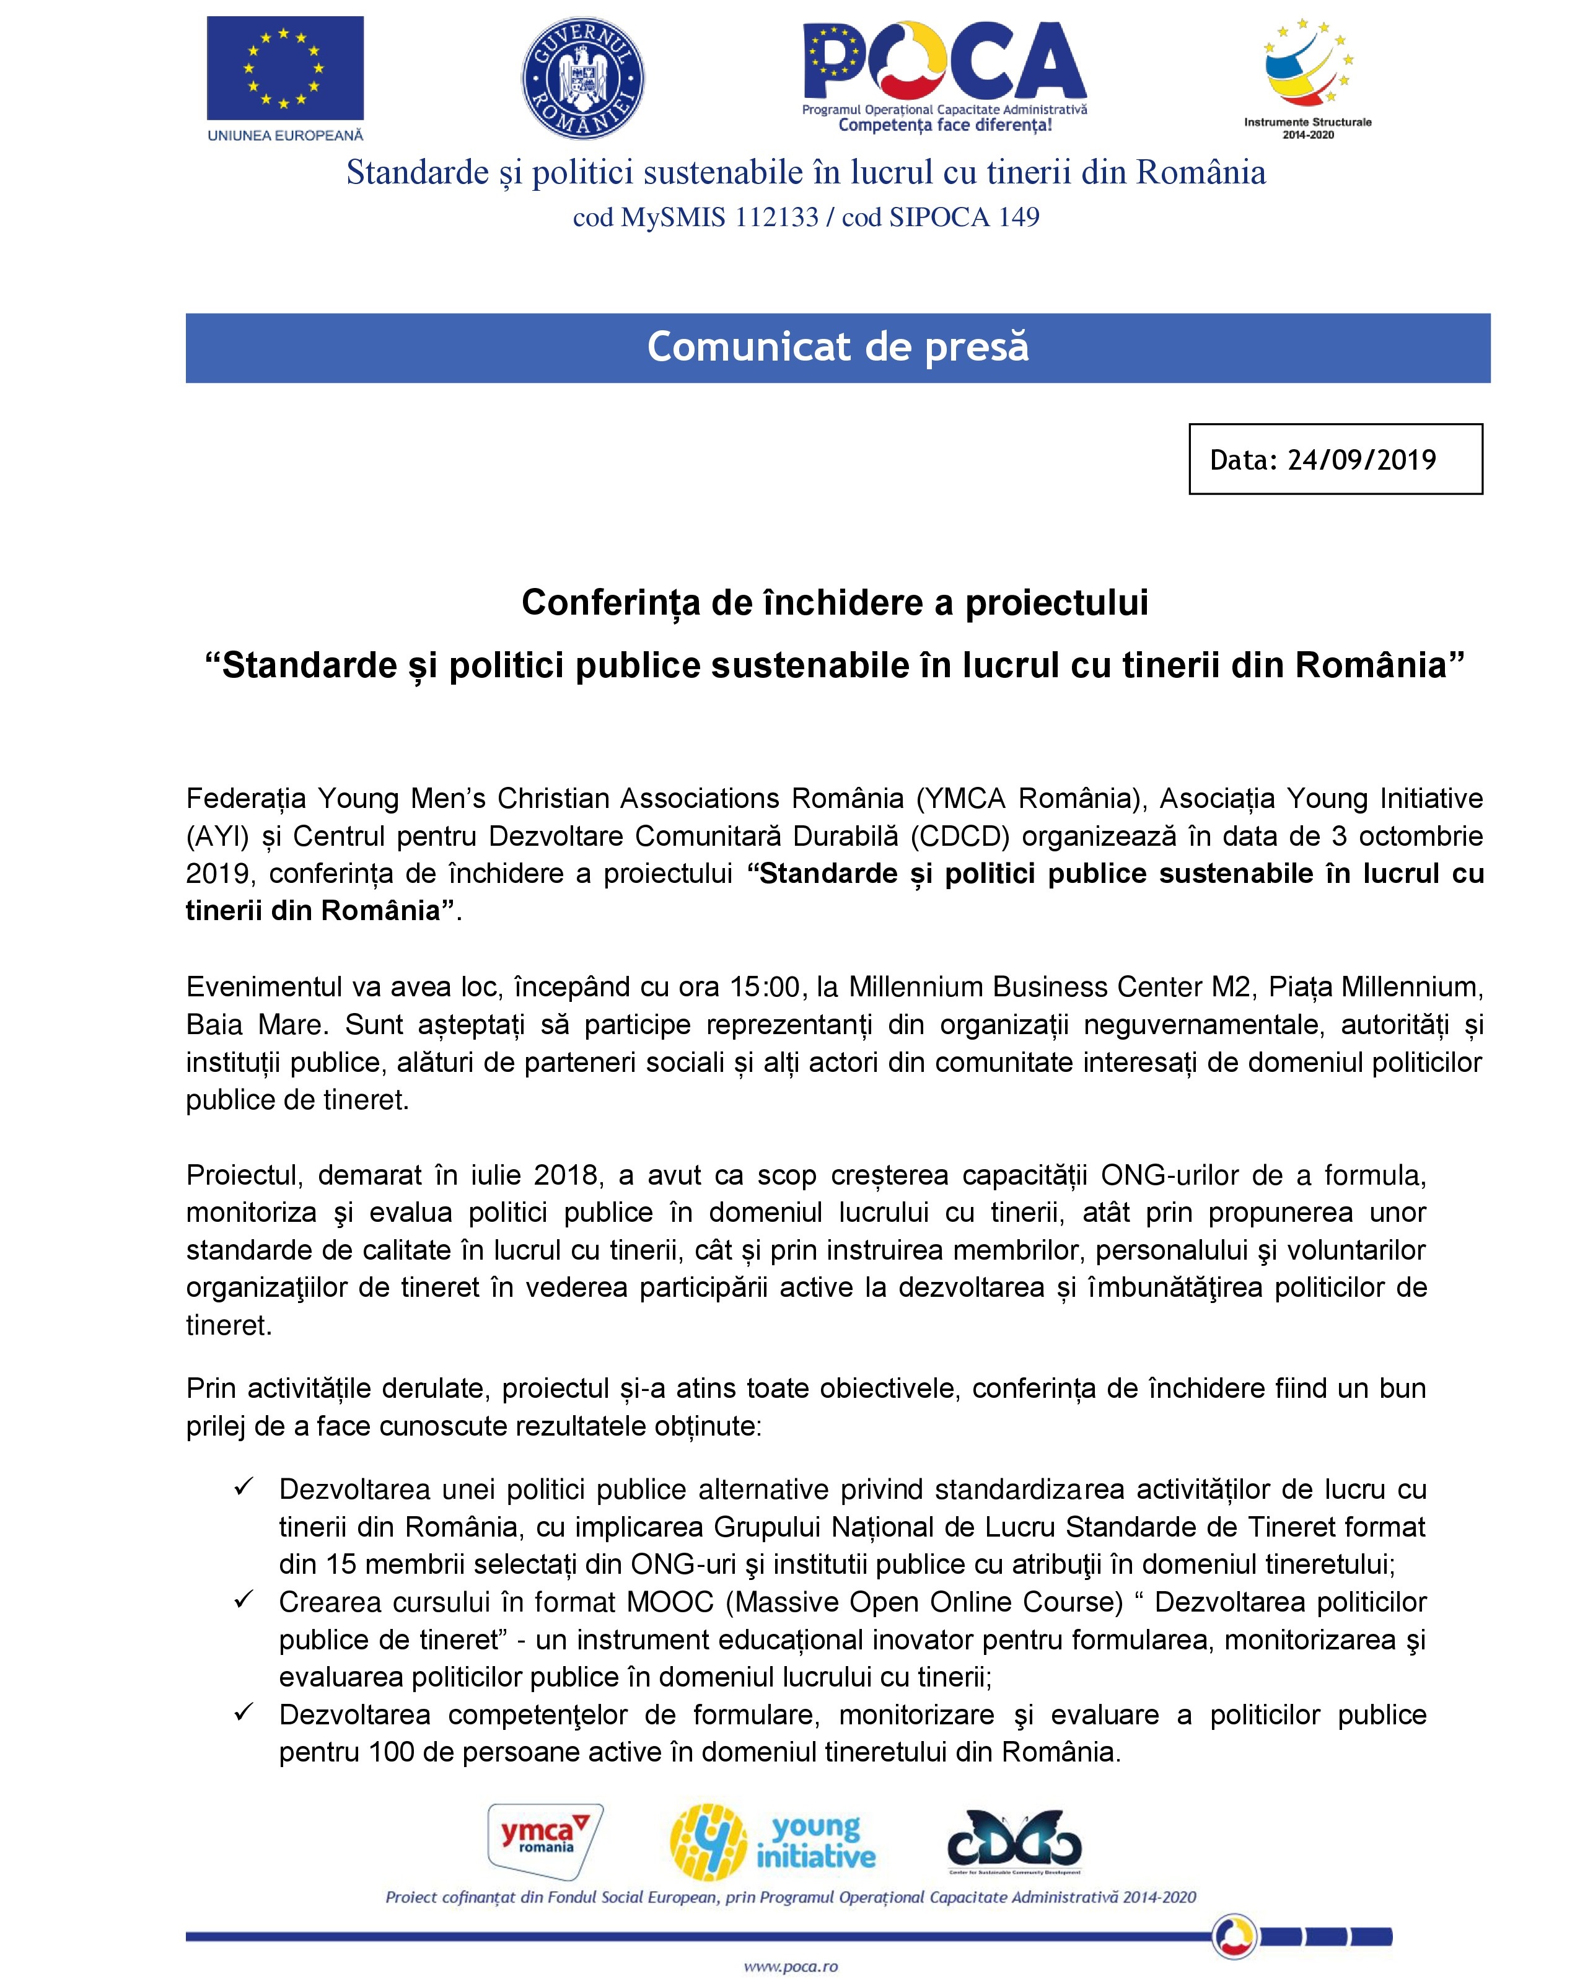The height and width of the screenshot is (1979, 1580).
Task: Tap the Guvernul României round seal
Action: pos(583,79)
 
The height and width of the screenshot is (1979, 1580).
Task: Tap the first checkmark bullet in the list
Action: pos(244,1487)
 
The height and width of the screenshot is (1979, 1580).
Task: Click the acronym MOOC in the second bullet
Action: pos(670,1602)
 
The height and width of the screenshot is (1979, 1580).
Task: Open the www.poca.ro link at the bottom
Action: pos(791,1966)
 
